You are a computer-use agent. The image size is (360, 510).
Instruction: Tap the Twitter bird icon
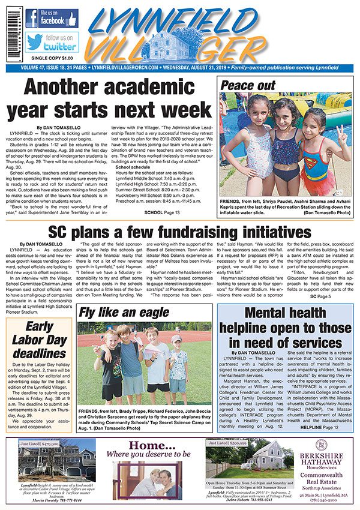(35, 41)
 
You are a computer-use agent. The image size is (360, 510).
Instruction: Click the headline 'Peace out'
(247, 85)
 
